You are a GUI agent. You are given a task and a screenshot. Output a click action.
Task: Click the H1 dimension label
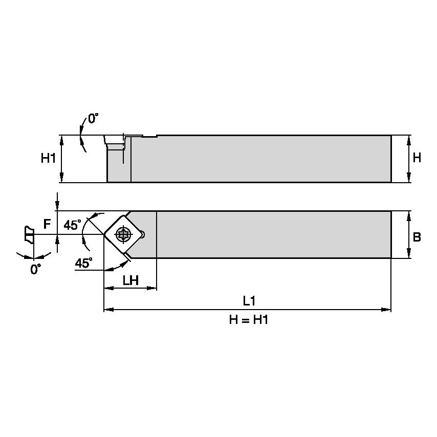click(48, 159)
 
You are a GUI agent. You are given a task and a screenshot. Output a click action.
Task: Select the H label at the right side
click(417, 158)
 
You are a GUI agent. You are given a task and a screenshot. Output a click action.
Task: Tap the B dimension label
click(417, 237)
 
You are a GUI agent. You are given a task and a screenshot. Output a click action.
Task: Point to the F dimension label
click(47, 224)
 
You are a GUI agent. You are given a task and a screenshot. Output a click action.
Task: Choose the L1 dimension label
click(248, 301)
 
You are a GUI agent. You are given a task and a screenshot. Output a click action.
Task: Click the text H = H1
click(248, 321)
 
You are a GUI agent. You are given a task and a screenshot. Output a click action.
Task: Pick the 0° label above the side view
click(93, 119)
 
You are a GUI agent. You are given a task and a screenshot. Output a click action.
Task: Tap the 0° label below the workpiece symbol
click(35, 269)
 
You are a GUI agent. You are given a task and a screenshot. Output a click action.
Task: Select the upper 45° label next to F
click(72, 225)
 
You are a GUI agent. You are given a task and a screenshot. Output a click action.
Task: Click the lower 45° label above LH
click(84, 263)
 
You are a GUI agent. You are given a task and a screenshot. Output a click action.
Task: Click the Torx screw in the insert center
click(123, 234)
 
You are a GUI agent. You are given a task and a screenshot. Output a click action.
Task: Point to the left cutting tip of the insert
click(104, 234)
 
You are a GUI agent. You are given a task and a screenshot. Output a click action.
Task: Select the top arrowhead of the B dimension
click(409, 214)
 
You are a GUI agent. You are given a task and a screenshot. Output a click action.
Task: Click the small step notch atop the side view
click(149, 136)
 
